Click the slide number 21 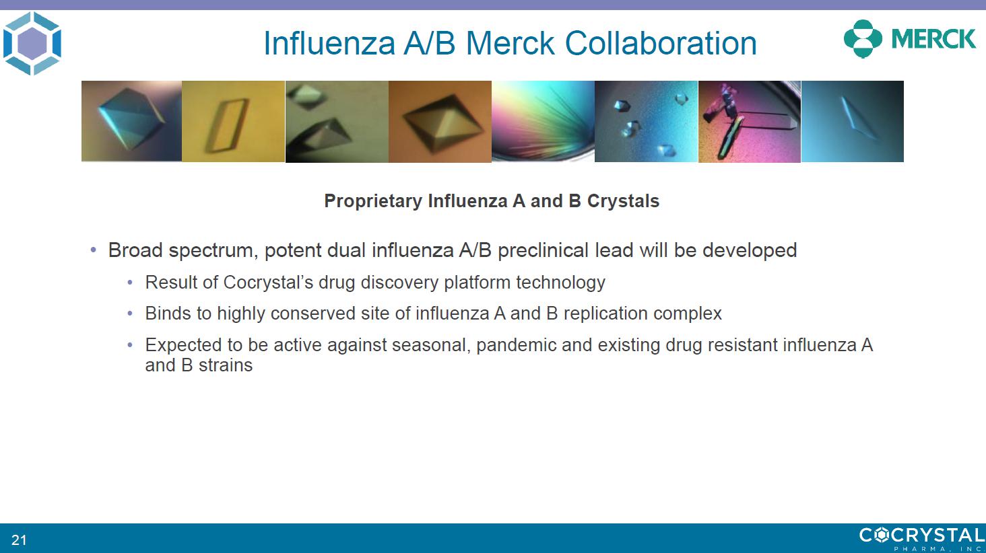[x=19, y=540]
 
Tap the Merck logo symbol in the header [x=863, y=39]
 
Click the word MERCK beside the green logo [x=933, y=39]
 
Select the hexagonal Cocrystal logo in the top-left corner [x=32, y=43]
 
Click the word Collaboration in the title [x=660, y=43]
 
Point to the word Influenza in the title [x=329, y=43]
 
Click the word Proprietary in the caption [x=373, y=201]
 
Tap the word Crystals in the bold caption [x=623, y=201]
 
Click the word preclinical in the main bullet [x=544, y=250]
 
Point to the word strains [x=226, y=365]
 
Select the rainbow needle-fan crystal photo [x=543, y=121]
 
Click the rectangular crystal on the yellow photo [x=227, y=126]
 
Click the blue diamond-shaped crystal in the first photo [x=131, y=118]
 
